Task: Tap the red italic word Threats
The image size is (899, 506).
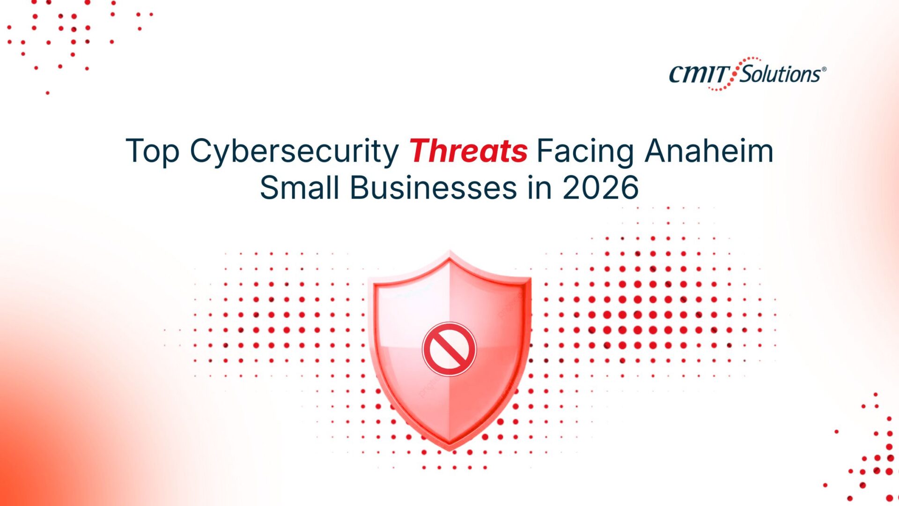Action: click(468, 151)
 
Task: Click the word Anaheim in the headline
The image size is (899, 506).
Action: click(709, 151)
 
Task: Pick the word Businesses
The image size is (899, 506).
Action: click(433, 187)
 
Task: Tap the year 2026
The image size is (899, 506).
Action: click(600, 188)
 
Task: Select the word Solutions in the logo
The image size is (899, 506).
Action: click(780, 74)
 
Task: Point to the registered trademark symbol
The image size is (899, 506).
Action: click(824, 69)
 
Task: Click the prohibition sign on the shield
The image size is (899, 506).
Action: click(449, 349)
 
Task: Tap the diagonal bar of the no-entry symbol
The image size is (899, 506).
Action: click(449, 349)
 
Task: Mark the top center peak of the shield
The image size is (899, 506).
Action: click(450, 252)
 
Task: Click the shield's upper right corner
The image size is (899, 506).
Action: click(531, 278)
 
